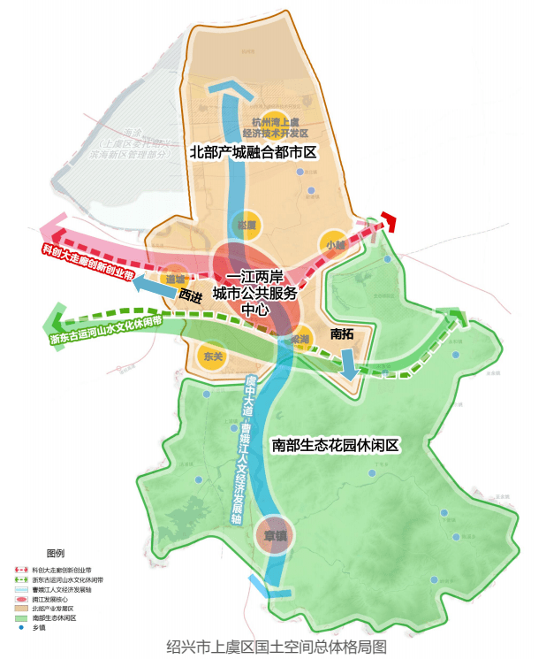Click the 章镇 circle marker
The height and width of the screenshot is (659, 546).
tap(273, 534)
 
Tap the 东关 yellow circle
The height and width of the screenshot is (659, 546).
tap(213, 356)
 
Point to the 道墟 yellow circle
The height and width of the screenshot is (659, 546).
tap(175, 278)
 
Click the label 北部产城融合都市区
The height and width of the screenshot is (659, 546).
tap(253, 152)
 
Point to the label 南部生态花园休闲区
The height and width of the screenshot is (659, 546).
tap(337, 444)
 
